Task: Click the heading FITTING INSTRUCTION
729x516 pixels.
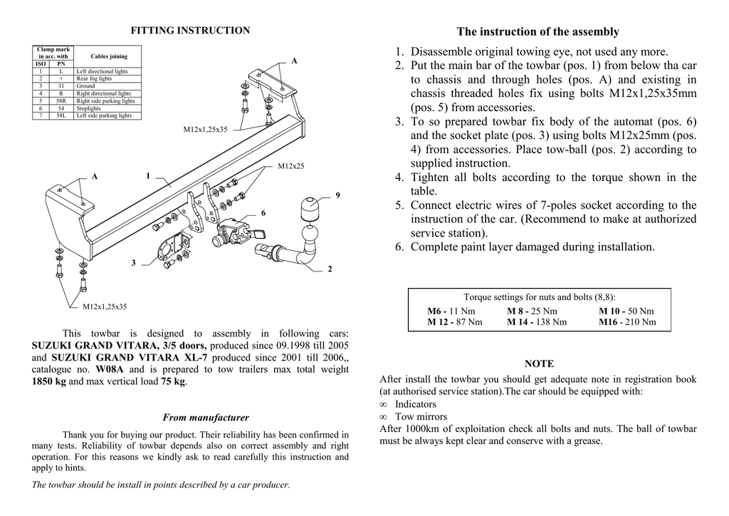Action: (x=190, y=31)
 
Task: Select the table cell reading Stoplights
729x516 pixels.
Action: (x=90, y=108)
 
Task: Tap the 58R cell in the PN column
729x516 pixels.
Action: (x=61, y=101)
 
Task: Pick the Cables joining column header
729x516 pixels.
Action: (x=109, y=56)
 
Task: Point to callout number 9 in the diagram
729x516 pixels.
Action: (x=337, y=195)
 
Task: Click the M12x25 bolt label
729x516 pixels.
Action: (x=290, y=167)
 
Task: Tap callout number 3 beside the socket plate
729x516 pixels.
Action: (x=133, y=263)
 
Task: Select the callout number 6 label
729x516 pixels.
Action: (x=263, y=213)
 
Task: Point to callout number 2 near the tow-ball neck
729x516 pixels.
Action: (x=330, y=269)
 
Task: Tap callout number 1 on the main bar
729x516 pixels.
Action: (x=148, y=175)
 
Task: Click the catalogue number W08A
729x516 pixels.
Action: (x=110, y=369)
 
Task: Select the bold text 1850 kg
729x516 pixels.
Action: (x=49, y=381)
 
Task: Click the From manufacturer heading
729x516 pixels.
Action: (x=206, y=418)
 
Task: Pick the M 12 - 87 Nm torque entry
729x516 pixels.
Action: (x=454, y=322)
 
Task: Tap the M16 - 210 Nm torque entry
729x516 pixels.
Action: (x=626, y=322)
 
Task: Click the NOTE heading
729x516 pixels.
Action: (x=539, y=363)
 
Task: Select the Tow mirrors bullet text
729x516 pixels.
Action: (x=421, y=416)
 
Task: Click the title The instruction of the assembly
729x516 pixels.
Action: (x=537, y=31)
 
